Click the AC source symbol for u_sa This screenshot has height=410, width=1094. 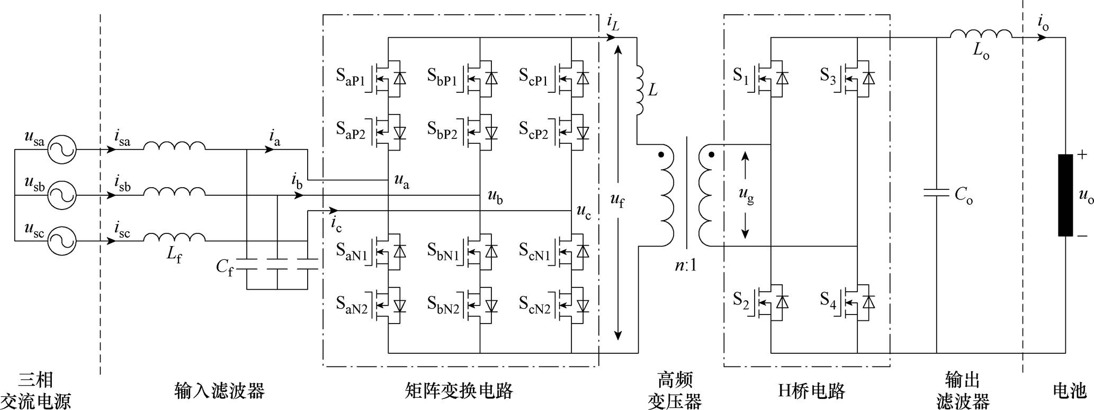(x=62, y=150)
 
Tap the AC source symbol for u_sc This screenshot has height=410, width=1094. (x=62, y=241)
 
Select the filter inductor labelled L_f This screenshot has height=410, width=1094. (x=174, y=237)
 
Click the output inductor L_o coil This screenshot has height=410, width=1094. (x=981, y=34)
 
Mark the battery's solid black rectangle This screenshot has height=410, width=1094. (x=1065, y=195)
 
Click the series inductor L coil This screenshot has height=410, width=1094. (x=639, y=90)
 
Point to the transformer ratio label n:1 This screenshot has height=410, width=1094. (x=686, y=265)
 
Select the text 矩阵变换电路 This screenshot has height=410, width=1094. (x=459, y=391)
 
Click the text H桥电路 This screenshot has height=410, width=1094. (x=811, y=391)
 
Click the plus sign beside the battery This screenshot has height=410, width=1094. (x=1082, y=155)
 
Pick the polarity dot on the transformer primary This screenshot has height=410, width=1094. (x=661, y=155)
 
